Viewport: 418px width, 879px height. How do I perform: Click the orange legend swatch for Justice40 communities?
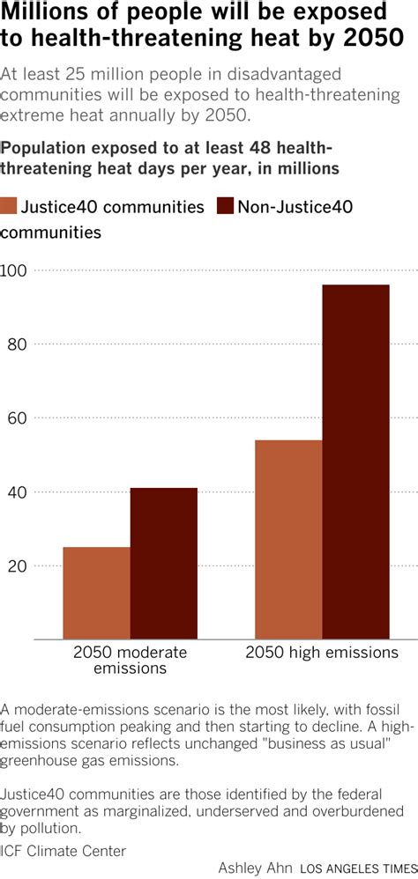pos(9,207)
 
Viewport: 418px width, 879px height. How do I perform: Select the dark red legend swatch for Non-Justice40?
pos(223,207)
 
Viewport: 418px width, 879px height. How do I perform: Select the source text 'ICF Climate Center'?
pos(63,851)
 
